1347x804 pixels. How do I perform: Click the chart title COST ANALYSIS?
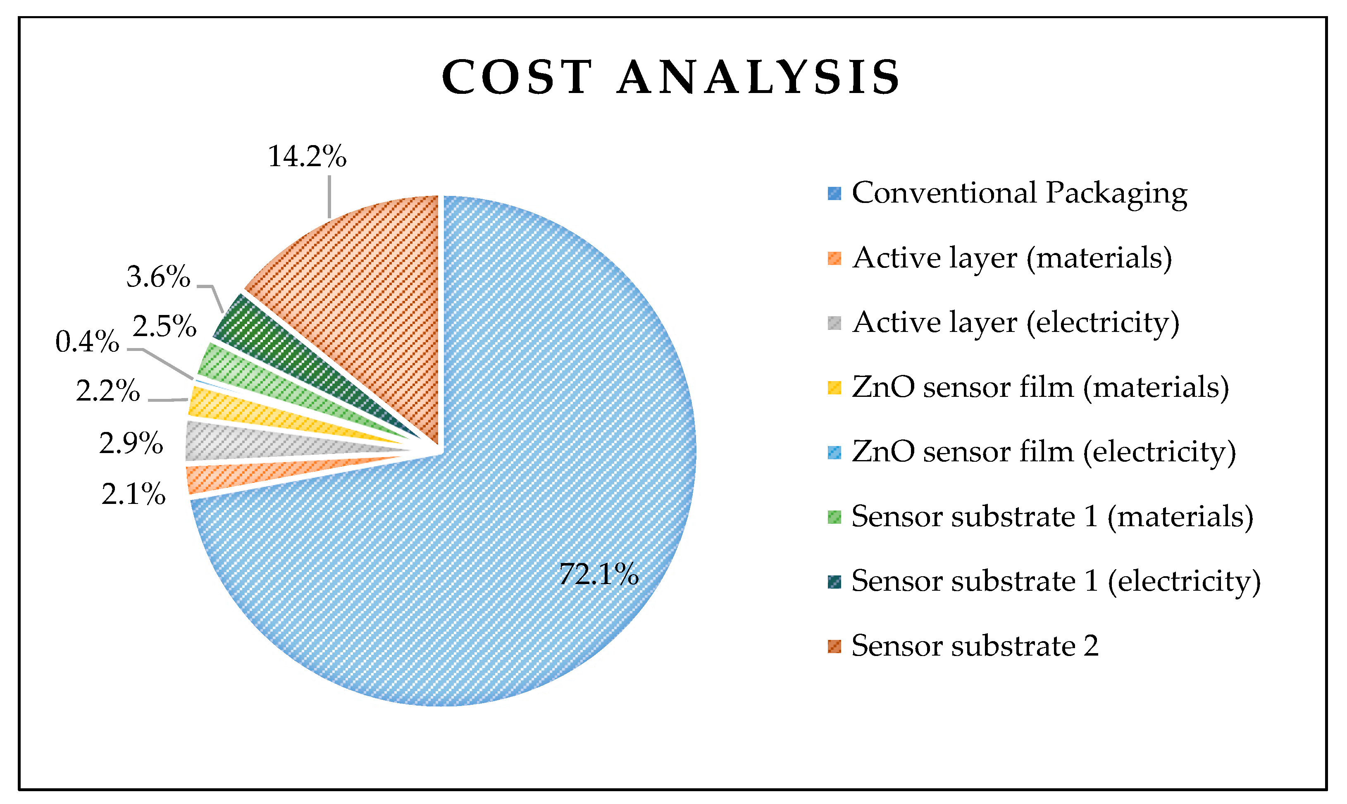click(672, 77)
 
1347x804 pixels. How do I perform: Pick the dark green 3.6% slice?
click(281, 352)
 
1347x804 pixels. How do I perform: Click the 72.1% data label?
click(598, 574)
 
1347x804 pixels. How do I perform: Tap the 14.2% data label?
click(307, 157)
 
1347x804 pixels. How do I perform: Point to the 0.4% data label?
click(87, 342)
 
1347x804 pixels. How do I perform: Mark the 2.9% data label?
click(131, 443)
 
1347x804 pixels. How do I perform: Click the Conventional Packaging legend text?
click(1019, 193)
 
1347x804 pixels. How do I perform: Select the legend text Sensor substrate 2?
click(975, 646)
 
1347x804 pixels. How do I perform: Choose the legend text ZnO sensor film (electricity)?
click(1044, 451)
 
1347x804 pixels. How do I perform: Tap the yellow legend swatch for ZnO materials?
click(834, 387)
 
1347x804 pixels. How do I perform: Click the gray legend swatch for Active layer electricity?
click(834, 323)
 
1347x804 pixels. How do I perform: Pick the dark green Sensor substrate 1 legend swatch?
click(834, 581)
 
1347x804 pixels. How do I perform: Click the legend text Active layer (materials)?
click(1012, 258)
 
